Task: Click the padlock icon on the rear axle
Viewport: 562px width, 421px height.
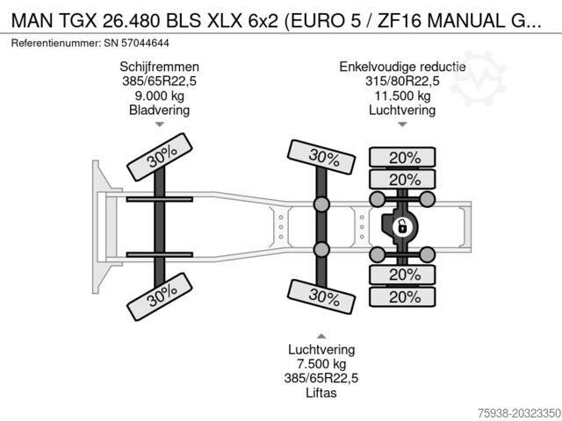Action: click(402, 226)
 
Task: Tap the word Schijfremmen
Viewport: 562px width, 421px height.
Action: click(160, 67)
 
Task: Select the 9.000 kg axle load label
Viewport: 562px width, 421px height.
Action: click(160, 96)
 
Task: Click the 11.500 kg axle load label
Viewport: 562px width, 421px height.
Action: click(402, 96)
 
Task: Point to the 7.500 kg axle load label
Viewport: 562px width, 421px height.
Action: click(321, 364)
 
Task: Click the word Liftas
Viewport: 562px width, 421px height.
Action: click(321, 393)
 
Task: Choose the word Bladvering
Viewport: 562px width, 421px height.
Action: click(160, 111)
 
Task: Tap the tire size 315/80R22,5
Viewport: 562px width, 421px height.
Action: click(402, 82)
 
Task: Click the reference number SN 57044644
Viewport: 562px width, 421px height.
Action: click(137, 43)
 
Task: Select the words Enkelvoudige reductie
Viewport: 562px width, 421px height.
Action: click(402, 67)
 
